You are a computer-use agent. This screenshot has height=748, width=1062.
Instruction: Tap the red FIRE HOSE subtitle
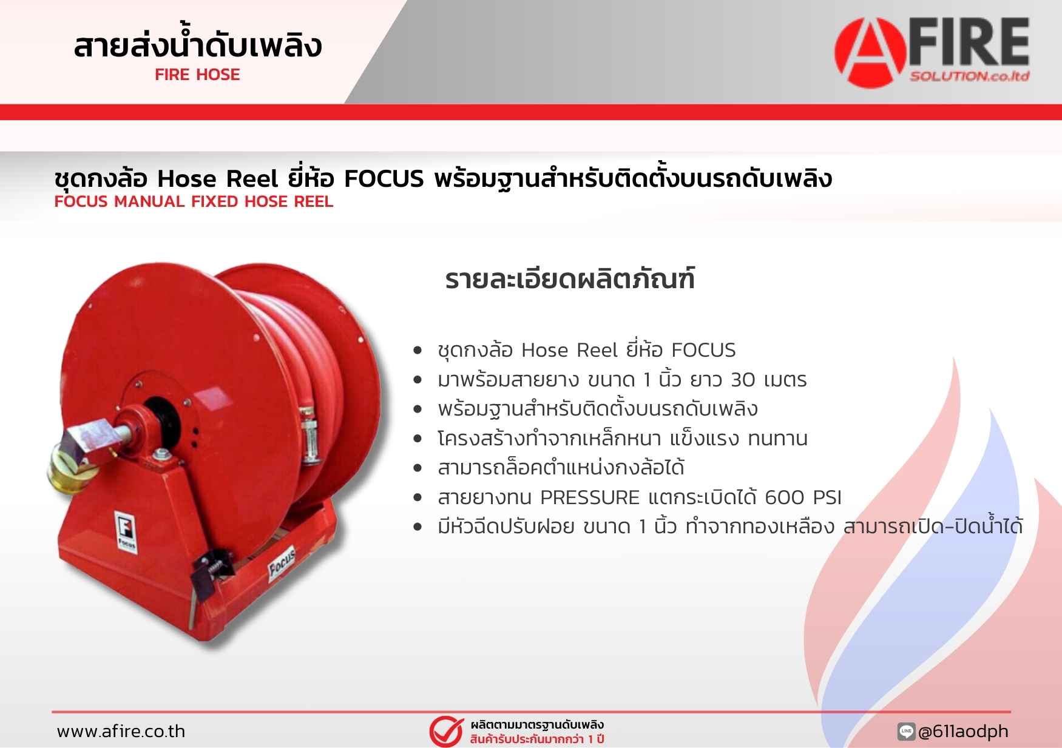[x=197, y=75]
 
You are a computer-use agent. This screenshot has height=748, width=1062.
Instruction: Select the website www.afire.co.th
[x=121, y=731]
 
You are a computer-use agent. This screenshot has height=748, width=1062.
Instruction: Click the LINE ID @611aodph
[x=963, y=732]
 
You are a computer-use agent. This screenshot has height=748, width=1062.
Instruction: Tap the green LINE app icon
[x=906, y=732]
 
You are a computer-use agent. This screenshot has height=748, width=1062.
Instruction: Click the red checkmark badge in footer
[x=447, y=732]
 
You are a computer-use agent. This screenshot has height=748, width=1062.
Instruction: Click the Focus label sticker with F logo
[x=126, y=531]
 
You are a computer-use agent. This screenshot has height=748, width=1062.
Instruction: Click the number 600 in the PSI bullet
[x=785, y=497]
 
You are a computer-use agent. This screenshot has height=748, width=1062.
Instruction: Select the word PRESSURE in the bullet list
[x=590, y=497]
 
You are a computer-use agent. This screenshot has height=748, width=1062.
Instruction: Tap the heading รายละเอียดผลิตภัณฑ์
[x=570, y=279]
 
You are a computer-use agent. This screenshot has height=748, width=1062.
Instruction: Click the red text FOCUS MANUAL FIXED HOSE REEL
[x=194, y=202]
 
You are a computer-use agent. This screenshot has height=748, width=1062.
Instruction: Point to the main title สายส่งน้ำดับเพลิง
[x=197, y=44]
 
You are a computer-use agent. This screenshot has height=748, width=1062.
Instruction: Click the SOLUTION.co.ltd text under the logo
[x=969, y=76]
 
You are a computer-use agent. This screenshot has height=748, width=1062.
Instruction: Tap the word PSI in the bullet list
[x=827, y=497]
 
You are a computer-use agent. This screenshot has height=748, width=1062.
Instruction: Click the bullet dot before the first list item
[x=417, y=351]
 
